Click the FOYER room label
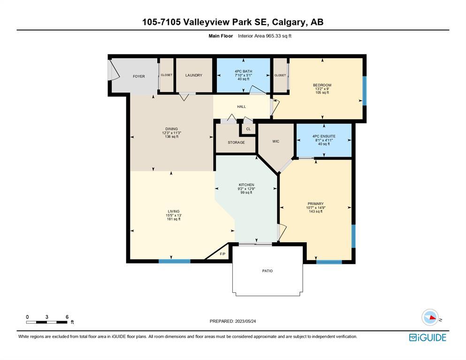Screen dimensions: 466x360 pyautogui.click(x=139, y=77)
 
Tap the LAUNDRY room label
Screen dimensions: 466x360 pyautogui.click(x=194, y=75)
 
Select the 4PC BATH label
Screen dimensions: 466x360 pyautogui.click(x=244, y=71)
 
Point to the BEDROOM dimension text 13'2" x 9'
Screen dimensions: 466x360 pyautogui.click(x=322, y=89)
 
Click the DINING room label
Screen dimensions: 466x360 pyautogui.click(x=171, y=129)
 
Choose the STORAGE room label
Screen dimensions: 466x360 pyautogui.click(x=236, y=142)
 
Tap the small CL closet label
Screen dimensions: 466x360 pyautogui.click(x=248, y=129)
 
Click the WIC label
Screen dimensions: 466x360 pyautogui.click(x=276, y=141)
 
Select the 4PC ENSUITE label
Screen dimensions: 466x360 pyautogui.click(x=324, y=136)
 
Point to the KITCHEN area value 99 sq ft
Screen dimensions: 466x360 pyautogui.click(x=246, y=192)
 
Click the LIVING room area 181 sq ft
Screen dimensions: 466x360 pyautogui.click(x=174, y=219)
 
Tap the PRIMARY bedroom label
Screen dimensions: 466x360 pyautogui.click(x=316, y=204)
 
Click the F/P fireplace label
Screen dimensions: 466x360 pyautogui.click(x=222, y=254)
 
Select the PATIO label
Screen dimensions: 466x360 pyautogui.click(x=267, y=271)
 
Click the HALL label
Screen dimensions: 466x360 pyautogui.click(x=241, y=107)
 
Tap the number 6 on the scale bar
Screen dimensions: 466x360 pyautogui.click(x=67, y=317)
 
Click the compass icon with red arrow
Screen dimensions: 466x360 pyautogui.click(x=430, y=317)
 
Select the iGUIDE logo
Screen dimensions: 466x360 pyautogui.click(x=428, y=337)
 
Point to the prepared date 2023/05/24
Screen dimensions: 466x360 pyautogui.click(x=245, y=321)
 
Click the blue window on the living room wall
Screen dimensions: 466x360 pyautogui.click(x=175, y=261)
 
